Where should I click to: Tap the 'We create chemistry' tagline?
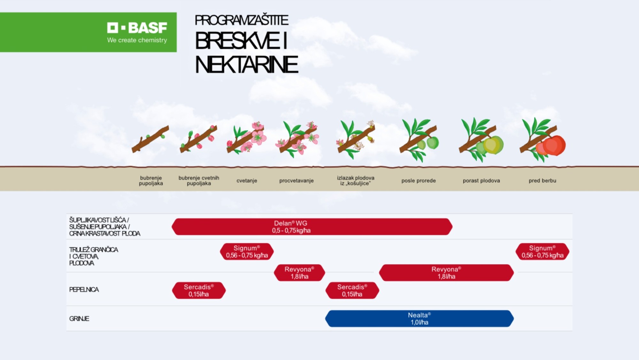[x=137, y=40]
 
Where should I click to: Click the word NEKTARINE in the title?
[x=246, y=65]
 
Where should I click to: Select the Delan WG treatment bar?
[x=312, y=227]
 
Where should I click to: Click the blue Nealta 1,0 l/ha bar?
[x=419, y=319]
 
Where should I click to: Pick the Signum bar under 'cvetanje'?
[x=247, y=252]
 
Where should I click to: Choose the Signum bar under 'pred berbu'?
[x=542, y=252]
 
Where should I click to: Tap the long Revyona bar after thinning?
[x=446, y=273]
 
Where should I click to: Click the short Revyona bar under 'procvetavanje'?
[x=299, y=273]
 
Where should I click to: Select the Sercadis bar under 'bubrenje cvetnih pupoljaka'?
[x=199, y=291]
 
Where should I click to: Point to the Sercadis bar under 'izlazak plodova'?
[x=352, y=291]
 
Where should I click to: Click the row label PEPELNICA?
[x=84, y=290]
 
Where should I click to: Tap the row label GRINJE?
[x=79, y=319]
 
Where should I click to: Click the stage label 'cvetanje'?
[x=247, y=181]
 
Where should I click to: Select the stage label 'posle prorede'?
[x=419, y=181]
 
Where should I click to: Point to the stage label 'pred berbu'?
[x=542, y=181]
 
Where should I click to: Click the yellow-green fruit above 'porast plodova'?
[x=492, y=145]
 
